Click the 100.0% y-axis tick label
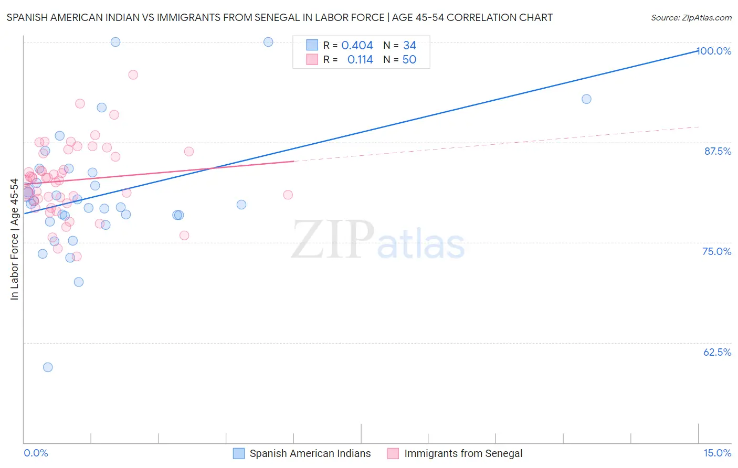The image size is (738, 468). [x=714, y=51]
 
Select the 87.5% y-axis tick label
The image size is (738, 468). [x=718, y=151]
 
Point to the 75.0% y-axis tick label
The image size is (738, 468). [x=716, y=251]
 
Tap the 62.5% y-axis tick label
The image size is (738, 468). [x=717, y=352]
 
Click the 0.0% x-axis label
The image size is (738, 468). [x=36, y=453]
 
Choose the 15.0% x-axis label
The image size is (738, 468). [x=717, y=453]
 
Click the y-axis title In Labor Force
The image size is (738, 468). [x=14, y=239]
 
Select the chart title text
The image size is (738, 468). [x=279, y=18]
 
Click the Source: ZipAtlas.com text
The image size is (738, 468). [x=691, y=18]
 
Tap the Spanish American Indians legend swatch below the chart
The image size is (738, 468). [x=239, y=454]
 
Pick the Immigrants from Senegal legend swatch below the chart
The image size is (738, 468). [x=393, y=454]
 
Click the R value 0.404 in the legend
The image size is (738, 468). [x=357, y=46]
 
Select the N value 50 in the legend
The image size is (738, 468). [x=409, y=60]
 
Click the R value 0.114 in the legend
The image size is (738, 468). [x=360, y=60]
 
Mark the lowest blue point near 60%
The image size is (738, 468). [x=48, y=367]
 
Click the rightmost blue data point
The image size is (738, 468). [x=586, y=99]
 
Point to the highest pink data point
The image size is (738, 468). [x=133, y=75]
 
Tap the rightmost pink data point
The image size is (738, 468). [x=288, y=195]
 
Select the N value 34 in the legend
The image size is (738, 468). [x=409, y=46]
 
